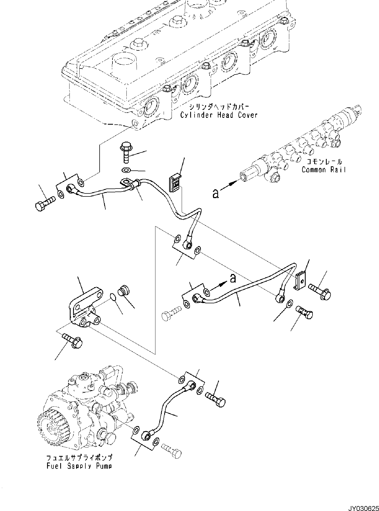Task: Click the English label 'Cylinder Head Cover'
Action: [x=219, y=115]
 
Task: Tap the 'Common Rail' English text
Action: [x=323, y=170]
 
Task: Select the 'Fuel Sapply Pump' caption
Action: [x=79, y=466]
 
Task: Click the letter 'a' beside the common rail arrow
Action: [x=216, y=194]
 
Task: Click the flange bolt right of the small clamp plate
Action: [x=321, y=292]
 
